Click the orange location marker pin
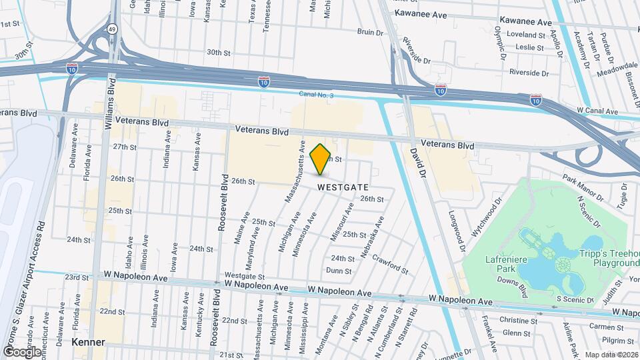[x=321, y=159]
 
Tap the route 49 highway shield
[x=112, y=29]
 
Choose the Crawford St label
[x=390, y=263]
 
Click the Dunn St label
[x=339, y=270]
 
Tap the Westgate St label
[x=245, y=276]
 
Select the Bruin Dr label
[x=371, y=31]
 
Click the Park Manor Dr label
[x=582, y=189]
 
